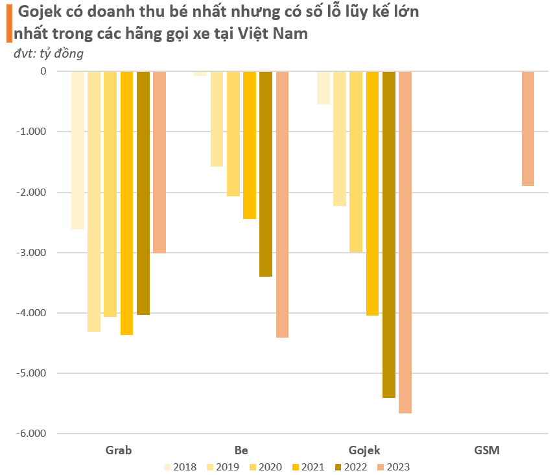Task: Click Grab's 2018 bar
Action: click(x=78, y=150)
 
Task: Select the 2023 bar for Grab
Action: click(x=159, y=162)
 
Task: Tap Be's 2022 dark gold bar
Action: click(x=266, y=174)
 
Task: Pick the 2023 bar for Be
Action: click(x=282, y=204)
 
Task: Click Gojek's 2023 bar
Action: click(x=405, y=242)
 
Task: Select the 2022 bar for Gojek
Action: click(x=389, y=234)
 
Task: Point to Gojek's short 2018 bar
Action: click(x=324, y=87)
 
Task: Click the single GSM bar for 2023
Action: click(x=528, y=128)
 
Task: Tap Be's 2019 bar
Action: click(x=217, y=119)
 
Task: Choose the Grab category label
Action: click(x=119, y=450)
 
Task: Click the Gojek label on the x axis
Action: click(x=364, y=450)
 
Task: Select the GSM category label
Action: click(x=487, y=450)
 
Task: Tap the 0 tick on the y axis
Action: click(x=43, y=71)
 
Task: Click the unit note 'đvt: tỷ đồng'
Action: click(x=49, y=54)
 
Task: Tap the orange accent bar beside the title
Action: click(x=8, y=22)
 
